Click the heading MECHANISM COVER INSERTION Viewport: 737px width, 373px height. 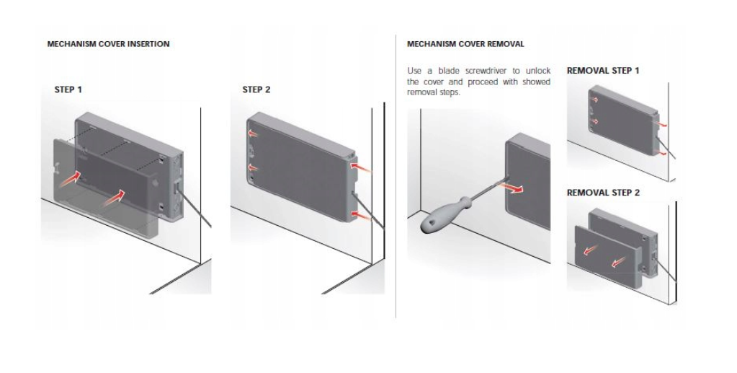108,44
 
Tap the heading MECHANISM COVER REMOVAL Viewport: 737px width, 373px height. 465,44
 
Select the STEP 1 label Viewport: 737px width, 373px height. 68,89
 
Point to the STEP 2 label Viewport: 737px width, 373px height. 256,89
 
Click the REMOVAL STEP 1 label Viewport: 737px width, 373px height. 603,71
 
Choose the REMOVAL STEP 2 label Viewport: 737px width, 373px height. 603,193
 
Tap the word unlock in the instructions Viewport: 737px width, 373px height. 537,71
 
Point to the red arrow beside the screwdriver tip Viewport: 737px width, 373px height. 512,188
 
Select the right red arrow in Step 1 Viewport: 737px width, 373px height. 114,198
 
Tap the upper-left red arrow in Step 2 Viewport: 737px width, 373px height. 254,134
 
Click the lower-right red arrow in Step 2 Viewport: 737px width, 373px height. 361,216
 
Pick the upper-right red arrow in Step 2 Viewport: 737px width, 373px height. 361,167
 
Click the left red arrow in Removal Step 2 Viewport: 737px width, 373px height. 591,250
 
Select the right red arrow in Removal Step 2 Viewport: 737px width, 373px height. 619,262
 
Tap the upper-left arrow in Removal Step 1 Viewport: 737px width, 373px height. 594,100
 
